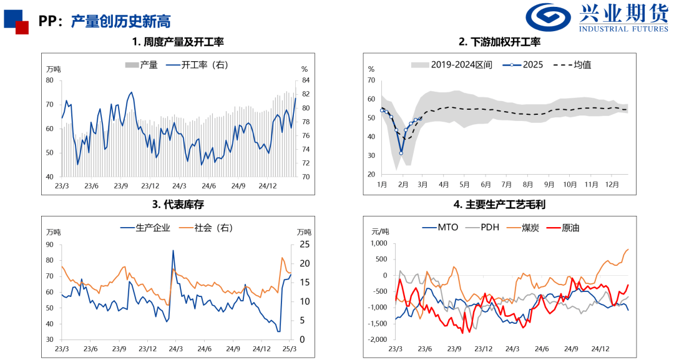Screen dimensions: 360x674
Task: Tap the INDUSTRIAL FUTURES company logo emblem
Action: (x=548, y=17)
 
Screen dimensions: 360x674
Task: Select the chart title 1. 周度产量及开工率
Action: (x=178, y=42)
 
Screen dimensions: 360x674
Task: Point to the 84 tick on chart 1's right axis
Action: (x=305, y=80)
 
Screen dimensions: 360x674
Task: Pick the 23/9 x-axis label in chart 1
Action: (x=121, y=186)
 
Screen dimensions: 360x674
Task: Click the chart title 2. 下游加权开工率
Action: (x=499, y=42)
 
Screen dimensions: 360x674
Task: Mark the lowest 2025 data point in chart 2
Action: (x=401, y=153)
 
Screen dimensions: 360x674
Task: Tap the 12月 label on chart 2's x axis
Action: (x=612, y=185)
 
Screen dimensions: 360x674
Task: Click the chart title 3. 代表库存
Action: (x=178, y=204)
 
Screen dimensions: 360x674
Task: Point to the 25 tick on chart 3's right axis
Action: (x=304, y=243)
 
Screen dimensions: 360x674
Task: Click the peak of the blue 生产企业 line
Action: (x=173, y=251)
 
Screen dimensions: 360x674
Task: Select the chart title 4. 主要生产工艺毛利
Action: (x=499, y=204)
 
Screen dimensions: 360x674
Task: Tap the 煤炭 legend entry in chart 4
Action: (x=531, y=228)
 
